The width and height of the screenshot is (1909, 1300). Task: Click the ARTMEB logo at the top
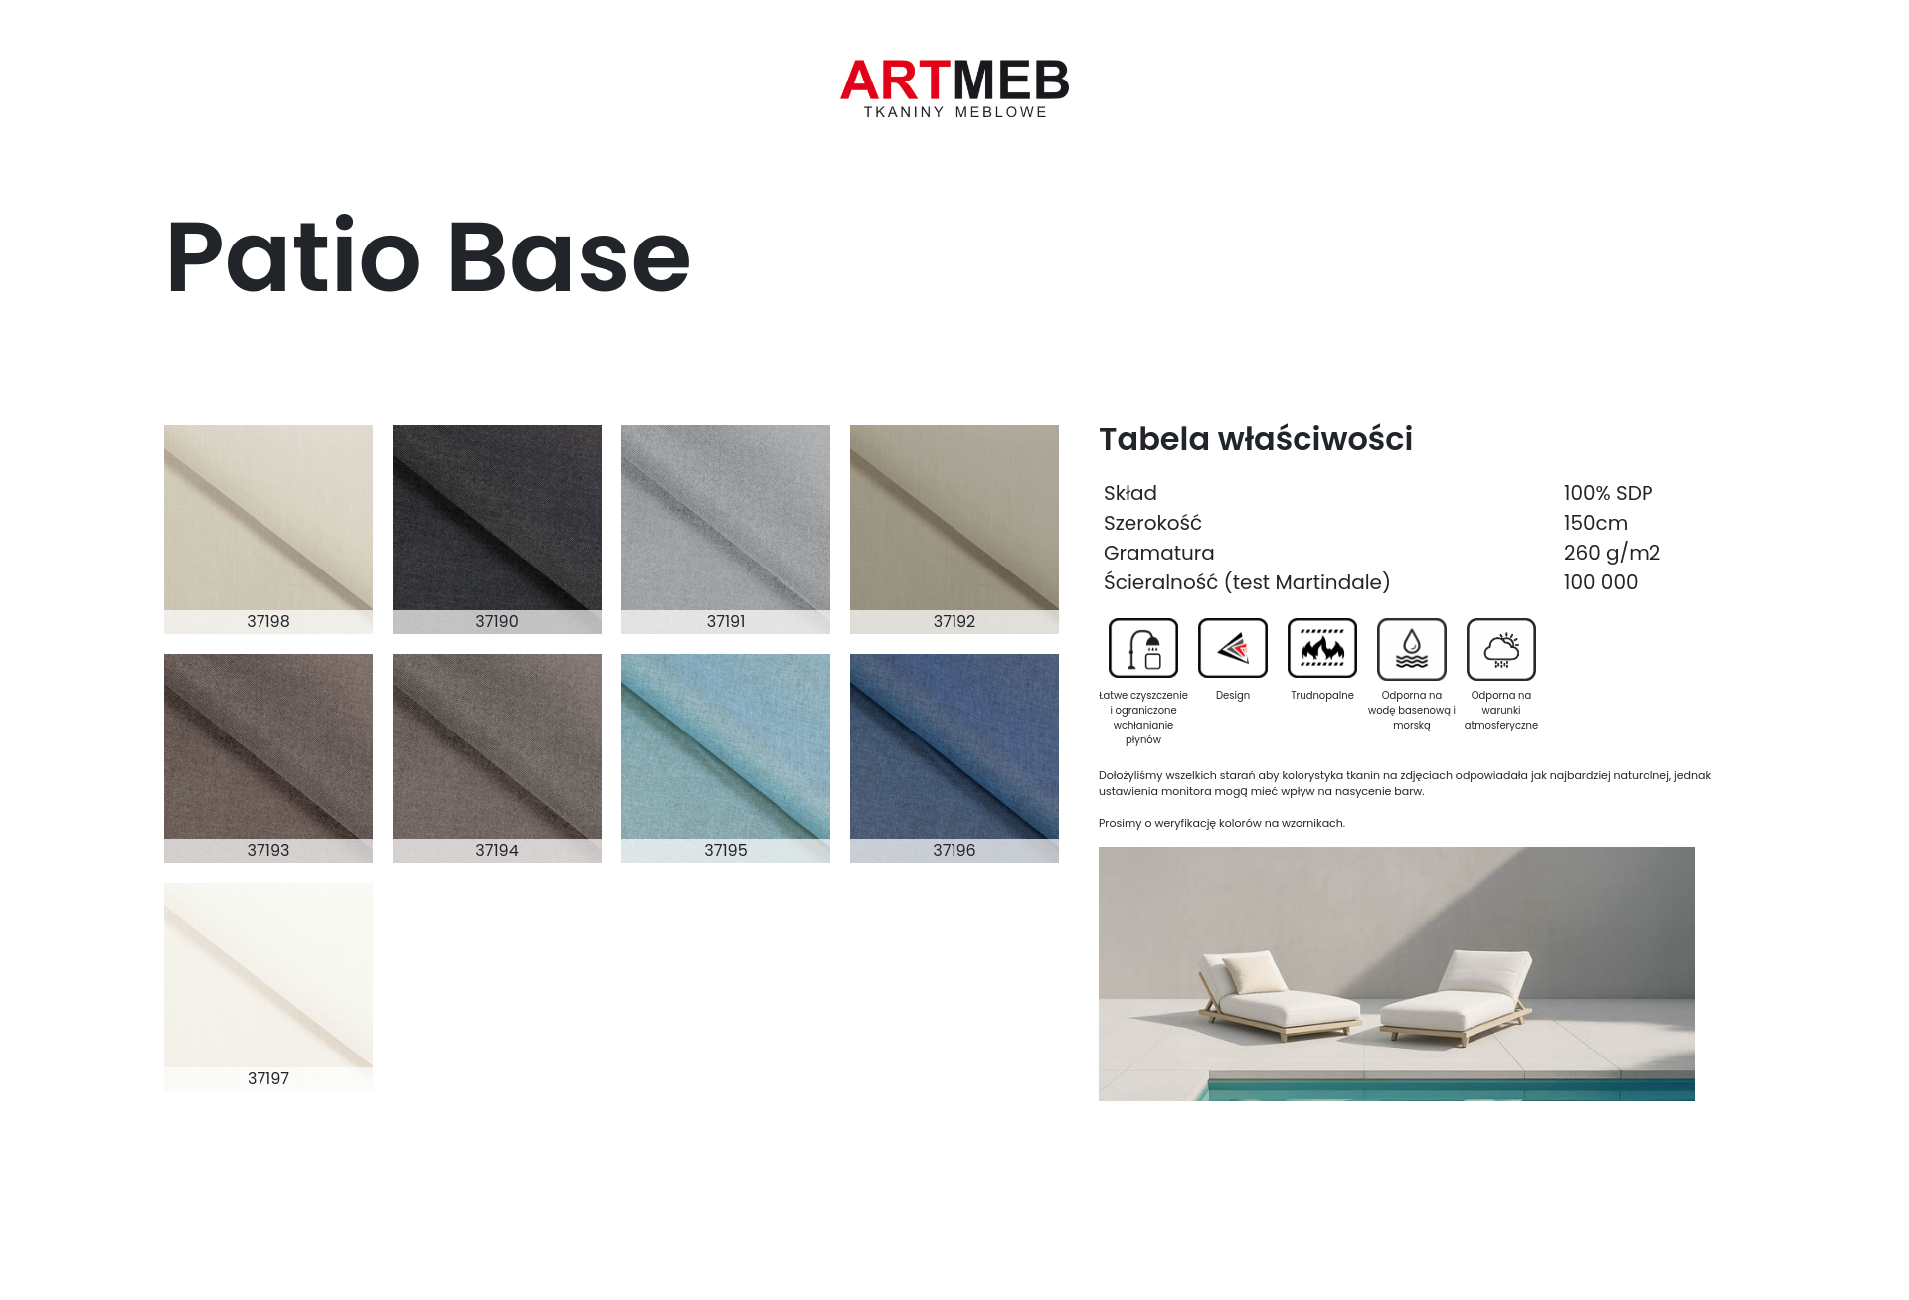tap(954, 88)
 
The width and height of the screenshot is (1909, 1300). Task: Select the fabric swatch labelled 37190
tap(497, 529)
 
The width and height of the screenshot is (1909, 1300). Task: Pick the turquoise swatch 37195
tap(726, 757)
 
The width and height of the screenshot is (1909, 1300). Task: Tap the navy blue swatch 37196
tap(954, 757)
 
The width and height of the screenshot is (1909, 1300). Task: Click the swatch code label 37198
tap(268, 621)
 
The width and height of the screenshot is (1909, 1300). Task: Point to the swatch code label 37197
tap(268, 1078)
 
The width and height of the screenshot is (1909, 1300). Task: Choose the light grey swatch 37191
tap(726, 529)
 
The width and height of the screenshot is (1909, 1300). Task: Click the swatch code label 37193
tap(268, 850)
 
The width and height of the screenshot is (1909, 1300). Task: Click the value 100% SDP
tap(1608, 493)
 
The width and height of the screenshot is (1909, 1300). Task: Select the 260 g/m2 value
tap(1612, 553)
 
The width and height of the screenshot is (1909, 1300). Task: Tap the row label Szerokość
tap(1152, 523)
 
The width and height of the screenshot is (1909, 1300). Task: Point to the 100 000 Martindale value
tap(1600, 582)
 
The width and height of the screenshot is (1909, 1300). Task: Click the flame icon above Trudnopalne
tap(1322, 648)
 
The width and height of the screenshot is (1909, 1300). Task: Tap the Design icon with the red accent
tap(1233, 648)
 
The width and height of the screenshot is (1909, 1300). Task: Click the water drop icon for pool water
tap(1412, 648)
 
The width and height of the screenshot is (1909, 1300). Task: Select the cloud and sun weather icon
tap(1501, 648)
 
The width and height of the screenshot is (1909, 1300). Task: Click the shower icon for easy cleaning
tap(1143, 648)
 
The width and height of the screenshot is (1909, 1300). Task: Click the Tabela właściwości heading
tap(1256, 439)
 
